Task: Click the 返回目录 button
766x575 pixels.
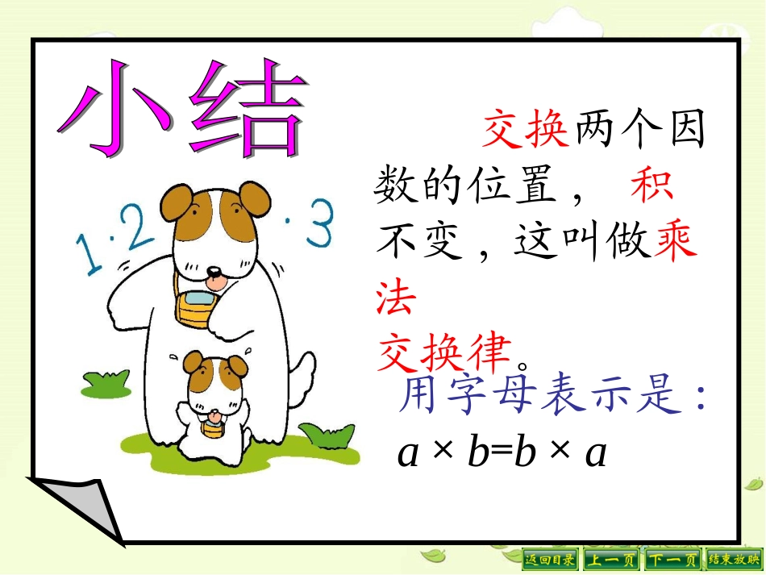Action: point(551,559)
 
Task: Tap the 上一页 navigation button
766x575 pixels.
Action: point(611,559)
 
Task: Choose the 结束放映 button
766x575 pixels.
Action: point(734,559)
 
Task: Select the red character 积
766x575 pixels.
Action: point(652,187)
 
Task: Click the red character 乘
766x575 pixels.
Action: point(676,243)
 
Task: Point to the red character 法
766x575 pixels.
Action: point(396,298)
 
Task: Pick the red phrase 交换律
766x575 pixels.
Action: point(445,352)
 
